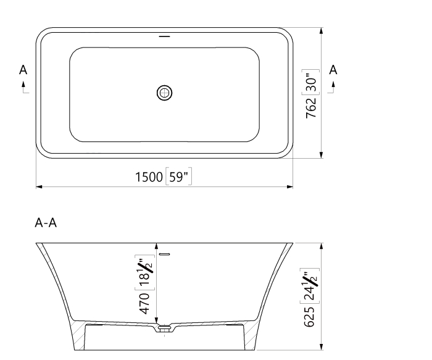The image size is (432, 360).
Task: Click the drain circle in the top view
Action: click(x=164, y=93)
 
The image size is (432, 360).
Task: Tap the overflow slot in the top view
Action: click(x=164, y=37)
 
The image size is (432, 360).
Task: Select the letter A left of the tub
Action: click(x=23, y=70)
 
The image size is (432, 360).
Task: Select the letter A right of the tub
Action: click(x=333, y=70)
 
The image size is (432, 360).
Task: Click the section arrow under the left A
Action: click(x=25, y=88)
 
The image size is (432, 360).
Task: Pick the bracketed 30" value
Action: click(x=312, y=83)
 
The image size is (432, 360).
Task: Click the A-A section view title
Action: click(x=46, y=223)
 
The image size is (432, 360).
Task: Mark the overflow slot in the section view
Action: click(x=164, y=254)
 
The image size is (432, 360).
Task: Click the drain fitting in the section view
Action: click(x=164, y=329)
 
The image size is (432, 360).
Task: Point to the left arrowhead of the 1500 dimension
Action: click(x=39, y=186)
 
